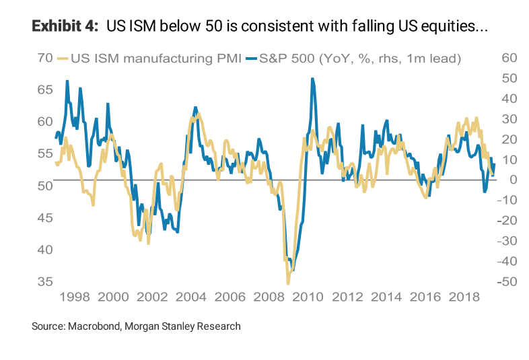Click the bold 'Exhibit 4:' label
pos(60,27)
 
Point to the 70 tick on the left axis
pos(44,59)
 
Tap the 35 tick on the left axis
pos(44,281)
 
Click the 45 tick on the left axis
pos(44,217)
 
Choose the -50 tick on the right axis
pos(507,281)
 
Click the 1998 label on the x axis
pos(75,297)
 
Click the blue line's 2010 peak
pos(312,79)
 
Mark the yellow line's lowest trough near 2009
pos(288,283)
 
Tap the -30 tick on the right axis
pos(507,241)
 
